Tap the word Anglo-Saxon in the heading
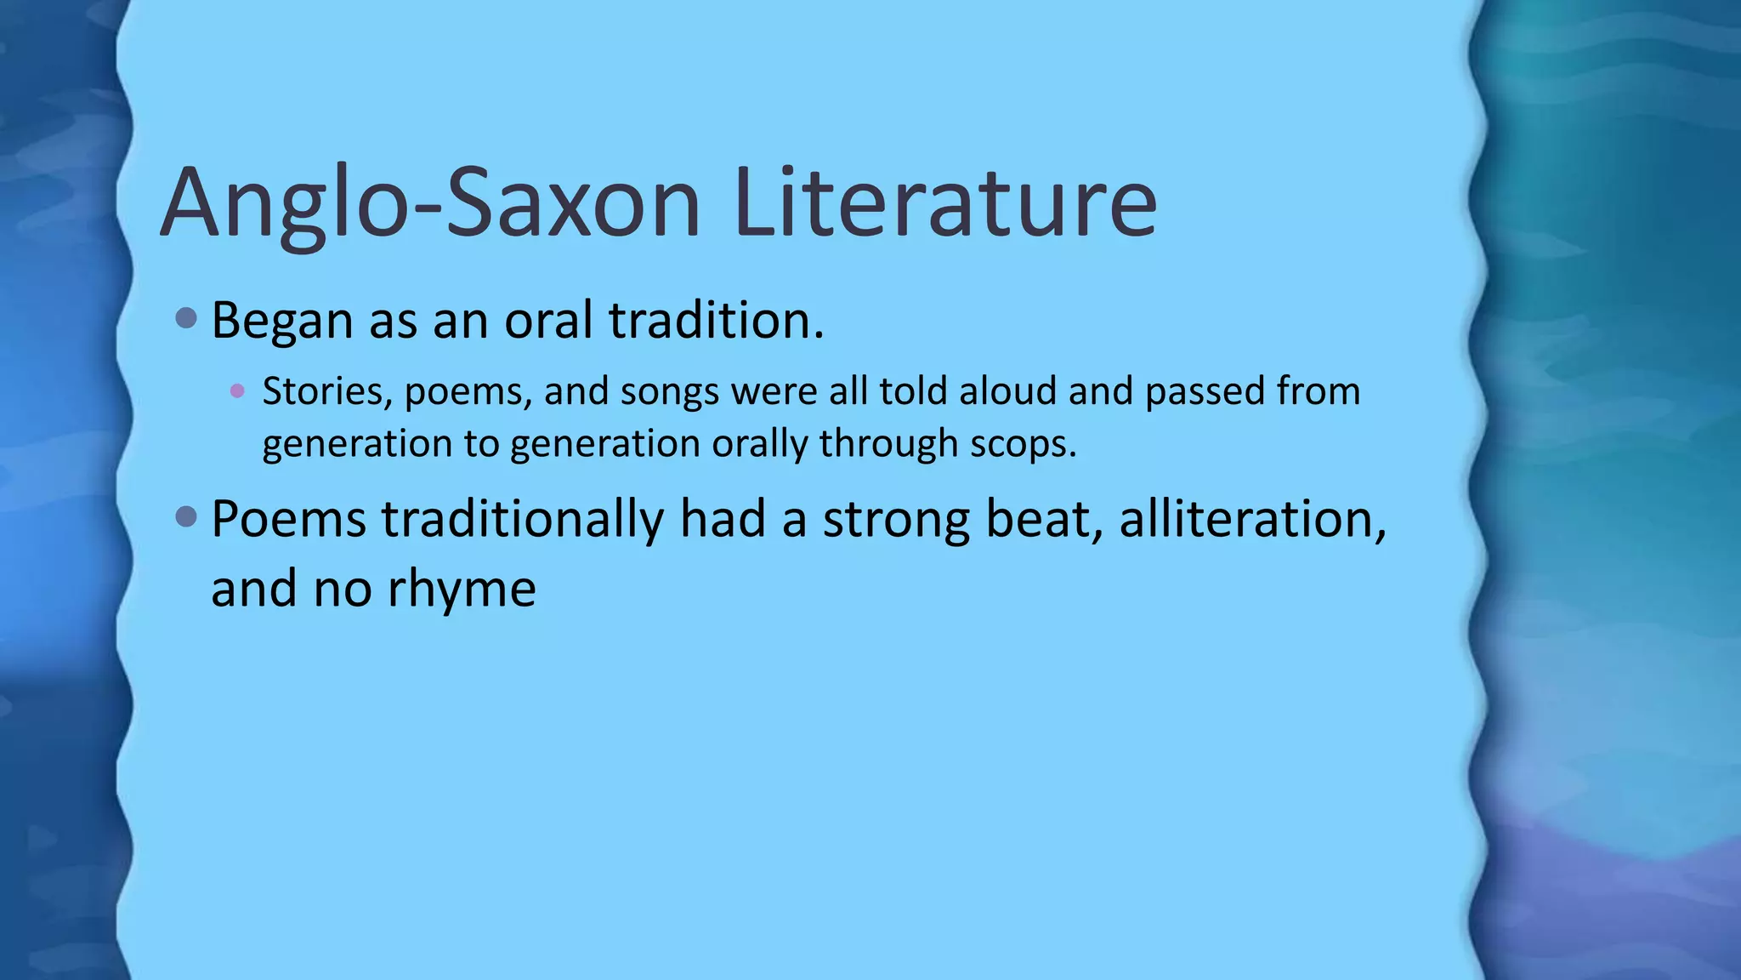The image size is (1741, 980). pos(430,204)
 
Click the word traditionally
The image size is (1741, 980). pos(522,519)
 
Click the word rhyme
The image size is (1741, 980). pos(462,589)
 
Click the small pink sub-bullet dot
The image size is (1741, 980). pos(237,391)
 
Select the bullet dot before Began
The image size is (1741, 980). pos(186,319)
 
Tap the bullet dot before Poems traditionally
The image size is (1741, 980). pos(186,516)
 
